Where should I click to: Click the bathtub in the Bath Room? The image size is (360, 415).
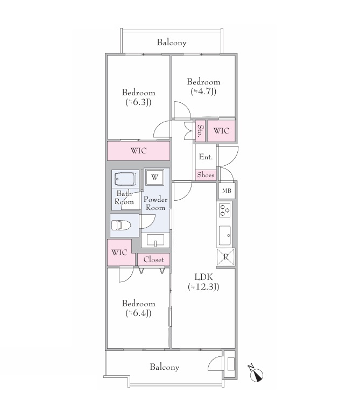tap(125, 179)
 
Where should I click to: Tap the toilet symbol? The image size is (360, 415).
tap(121, 225)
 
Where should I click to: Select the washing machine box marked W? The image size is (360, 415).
tap(154, 177)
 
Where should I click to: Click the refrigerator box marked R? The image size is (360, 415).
tap(225, 256)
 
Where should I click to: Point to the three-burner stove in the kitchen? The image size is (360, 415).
tap(224, 210)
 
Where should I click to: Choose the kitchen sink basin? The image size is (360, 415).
tap(225, 235)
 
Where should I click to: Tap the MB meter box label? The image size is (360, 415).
tap(227, 191)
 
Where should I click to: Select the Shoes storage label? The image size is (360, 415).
tap(206, 175)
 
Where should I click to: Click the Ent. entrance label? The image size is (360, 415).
tap(206, 157)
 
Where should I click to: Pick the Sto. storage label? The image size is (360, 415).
tap(201, 130)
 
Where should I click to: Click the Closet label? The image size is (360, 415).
tap(154, 259)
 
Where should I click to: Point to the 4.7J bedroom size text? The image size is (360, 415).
tap(203, 92)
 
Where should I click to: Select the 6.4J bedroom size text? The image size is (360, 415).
tap(138, 313)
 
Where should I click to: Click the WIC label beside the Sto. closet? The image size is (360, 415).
tap(221, 131)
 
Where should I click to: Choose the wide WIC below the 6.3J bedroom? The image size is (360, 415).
tap(138, 151)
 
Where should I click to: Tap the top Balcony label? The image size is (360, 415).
tap(172, 43)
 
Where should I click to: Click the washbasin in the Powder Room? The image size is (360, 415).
tap(156, 240)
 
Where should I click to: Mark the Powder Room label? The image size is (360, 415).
tap(156, 203)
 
